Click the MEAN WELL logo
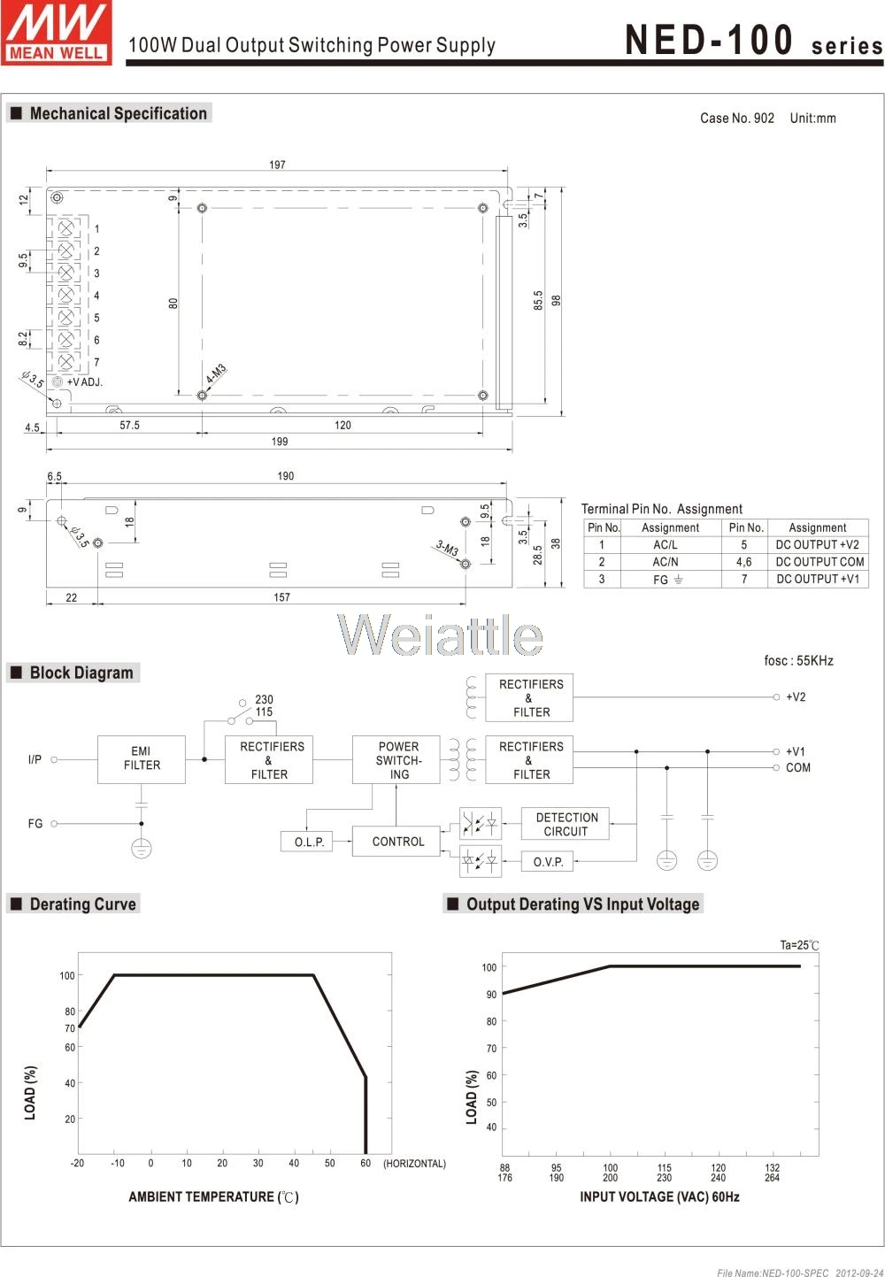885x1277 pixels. click(x=56, y=33)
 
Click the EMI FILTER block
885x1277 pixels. click(x=142, y=758)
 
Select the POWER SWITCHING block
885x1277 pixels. click(x=396, y=759)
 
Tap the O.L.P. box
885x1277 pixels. click(x=307, y=842)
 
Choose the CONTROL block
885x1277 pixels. click(x=396, y=841)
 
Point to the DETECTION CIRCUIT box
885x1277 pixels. click(x=566, y=823)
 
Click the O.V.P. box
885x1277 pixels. click(x=548, y=861)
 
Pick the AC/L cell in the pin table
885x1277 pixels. click(x=665, y=544)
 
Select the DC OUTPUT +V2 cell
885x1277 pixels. click(x=817, y=544)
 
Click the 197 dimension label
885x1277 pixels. click(x=277, y=165)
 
